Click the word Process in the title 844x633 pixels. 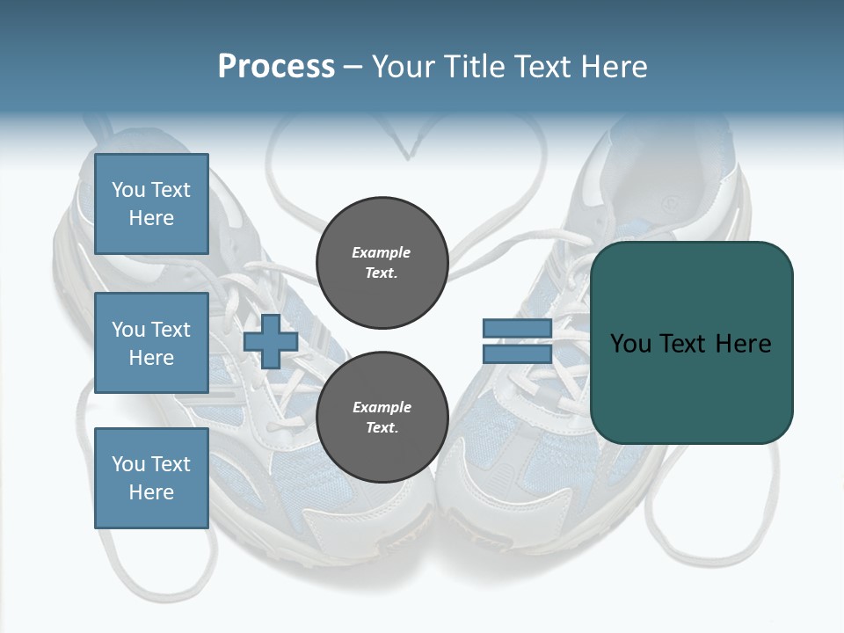click(276, 67)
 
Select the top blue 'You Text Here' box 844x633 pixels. click(151, 204)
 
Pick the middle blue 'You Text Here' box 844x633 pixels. click(151, 343)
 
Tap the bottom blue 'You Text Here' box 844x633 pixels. click(151, 477)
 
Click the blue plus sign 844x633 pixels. click(271, 341)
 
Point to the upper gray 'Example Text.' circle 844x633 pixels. click(381, 262)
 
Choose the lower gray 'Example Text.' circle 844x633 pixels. click(381, 417)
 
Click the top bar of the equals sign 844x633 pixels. click(517, 329)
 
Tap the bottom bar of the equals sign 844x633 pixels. click(517, 353)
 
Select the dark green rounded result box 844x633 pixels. click(691, 387)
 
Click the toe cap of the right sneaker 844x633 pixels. click(492, 519)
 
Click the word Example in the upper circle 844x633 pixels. click(381, 252)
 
